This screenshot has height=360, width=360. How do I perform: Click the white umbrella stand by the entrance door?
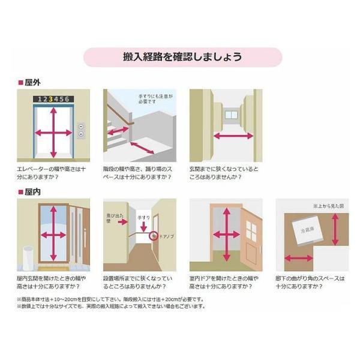click(28, 256)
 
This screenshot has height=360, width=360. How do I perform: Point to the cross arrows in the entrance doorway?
click(54, 232)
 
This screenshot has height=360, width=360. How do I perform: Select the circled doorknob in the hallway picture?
click(154, 235)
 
